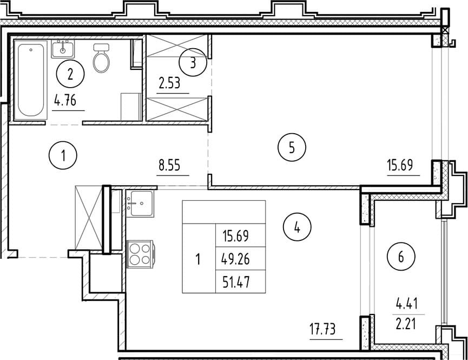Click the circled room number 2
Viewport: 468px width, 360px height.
click(70, 74)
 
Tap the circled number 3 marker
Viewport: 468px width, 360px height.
click(193, 62)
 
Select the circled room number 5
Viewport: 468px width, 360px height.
click(292, 147)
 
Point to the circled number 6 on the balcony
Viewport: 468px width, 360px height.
click(401, 257)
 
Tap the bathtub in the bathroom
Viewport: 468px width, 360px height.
click(30, 80)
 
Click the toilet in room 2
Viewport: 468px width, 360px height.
click(101, 58)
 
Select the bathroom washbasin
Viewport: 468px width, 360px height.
click(63, 49)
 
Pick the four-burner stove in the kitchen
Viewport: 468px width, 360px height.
click(140, 254)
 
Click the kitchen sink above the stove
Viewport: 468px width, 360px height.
click(140, 204)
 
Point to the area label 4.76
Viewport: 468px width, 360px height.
click(65, 100)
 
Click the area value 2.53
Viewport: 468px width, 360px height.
click(169, 83)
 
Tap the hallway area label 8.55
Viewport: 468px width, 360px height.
click(169, 165)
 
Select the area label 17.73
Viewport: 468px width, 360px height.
click(322, 329)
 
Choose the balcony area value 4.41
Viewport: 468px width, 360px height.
click(407, 304)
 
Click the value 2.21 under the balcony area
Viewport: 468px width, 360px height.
click(406, 324)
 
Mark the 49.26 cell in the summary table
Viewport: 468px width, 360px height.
click(235, 259)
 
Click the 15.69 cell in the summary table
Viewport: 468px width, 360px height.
click(236, 236)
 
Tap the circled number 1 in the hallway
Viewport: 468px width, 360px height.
click(63, 155)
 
